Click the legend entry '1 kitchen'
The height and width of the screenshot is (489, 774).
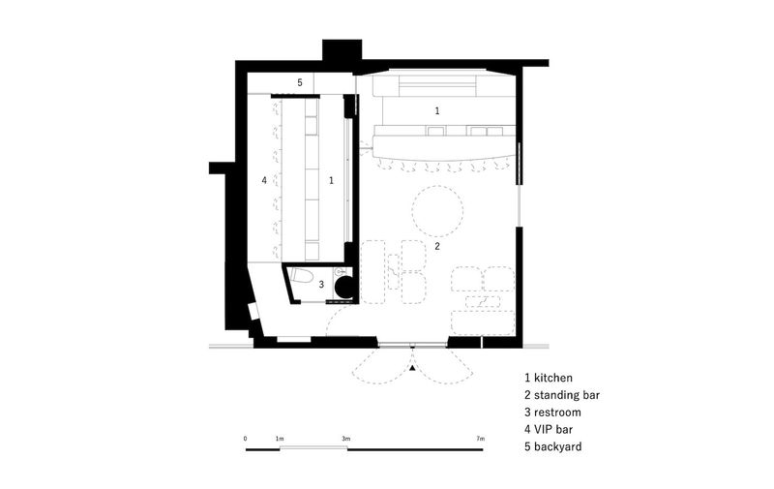coord(549,378)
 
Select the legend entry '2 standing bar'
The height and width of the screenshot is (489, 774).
coord(562,395)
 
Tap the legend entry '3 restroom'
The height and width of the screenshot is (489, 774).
coord(552,412)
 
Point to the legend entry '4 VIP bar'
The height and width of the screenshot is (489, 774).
coord(549,429)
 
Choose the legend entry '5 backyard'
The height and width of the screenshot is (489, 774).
coord(552,446)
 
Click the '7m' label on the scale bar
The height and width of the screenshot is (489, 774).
coord(481,438)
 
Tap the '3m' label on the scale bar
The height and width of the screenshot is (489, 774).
coord(345,438)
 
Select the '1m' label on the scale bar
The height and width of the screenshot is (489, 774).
coord(280,438)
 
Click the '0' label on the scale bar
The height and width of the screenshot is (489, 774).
coord(246,438)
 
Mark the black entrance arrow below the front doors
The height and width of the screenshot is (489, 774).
coord(413,368)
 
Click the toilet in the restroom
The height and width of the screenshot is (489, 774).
coord(301,275)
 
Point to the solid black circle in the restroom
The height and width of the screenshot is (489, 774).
coord(344,287)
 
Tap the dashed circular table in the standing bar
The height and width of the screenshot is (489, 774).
coord(438,210)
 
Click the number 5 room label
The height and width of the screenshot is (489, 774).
coord(300,82)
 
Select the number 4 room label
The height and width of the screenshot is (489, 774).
coord(264,180)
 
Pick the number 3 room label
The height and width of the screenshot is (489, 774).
coord(321,285)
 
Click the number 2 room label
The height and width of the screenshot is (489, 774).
coord(437,246)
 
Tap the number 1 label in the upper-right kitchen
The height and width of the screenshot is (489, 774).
coord(437,111)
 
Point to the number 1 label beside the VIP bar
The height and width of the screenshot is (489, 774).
coord(331,181)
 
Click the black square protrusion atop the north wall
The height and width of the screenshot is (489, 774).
coord(342,50)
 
